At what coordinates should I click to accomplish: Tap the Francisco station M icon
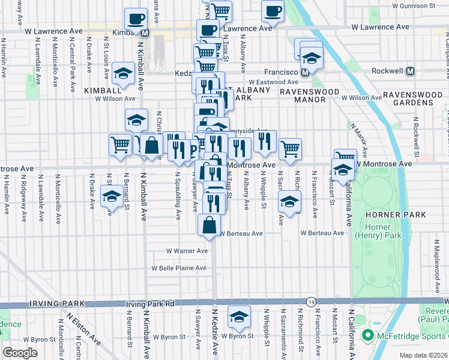click(x=306, y=72)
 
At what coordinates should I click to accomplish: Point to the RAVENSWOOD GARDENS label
click(x=408, y=98)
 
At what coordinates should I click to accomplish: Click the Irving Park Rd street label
click(x=150, y=304)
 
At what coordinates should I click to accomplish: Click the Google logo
click(x=20, y=353)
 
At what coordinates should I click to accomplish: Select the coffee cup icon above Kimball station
click(x=136, y=18)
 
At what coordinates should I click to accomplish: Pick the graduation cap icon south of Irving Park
click(x=239, y=316)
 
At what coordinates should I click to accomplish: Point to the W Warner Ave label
click(x=187, y=251)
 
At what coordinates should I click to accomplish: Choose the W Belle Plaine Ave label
click(x=179, y=268)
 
